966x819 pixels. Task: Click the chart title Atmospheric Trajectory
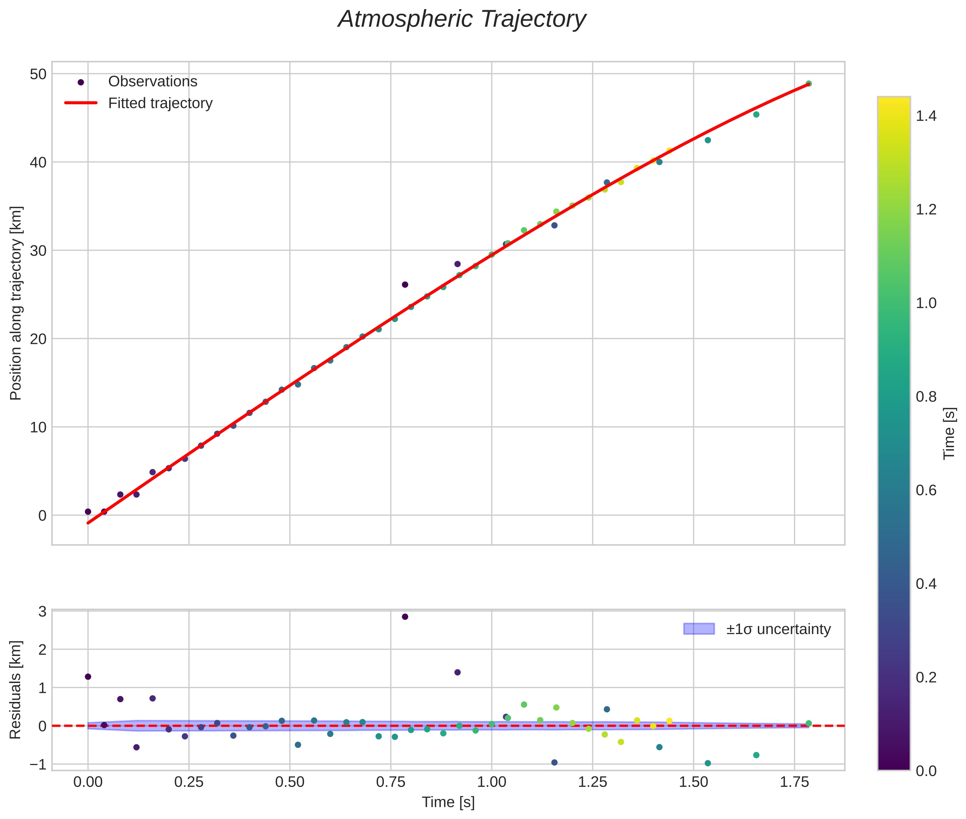pyautogui.click(x=462, y=19)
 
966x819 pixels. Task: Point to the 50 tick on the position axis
pyautogui.click(x=38, y=74)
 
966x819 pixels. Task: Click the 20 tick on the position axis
pyautogui.click(x=38, y=339)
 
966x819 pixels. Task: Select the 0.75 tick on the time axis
pyautogui.click(x=391, y=782)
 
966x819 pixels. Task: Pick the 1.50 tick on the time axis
pyautogui.click(x=693, y=782)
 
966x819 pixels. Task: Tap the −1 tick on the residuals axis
pyautogui.click(x=38, y=764)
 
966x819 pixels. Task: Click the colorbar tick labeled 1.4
pyautogui.click(x=926, y=116)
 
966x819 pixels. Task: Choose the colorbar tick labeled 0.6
pyautogui.click(x=926, y=491)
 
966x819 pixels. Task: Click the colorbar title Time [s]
pyautogui.click(x=950, y=433)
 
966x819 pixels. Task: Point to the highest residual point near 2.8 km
pyautogui.click(x=405, y=617)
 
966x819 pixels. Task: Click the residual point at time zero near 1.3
pyautogui.click(x=88, y=676)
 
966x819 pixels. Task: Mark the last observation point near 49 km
pyautogui.click(x=809, y=84)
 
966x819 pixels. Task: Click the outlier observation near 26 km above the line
pyautogui.click(x=405, y=284)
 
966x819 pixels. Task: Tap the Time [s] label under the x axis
pyautogui.click(x=448, y=802)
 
